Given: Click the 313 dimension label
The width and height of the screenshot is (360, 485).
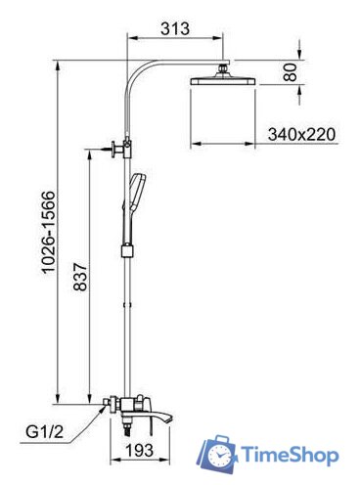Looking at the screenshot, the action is (x=175, y=28).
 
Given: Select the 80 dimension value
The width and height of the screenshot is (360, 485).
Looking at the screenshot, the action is (x=290, y=72).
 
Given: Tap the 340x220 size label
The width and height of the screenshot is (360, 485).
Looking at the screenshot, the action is (x=301, y=134).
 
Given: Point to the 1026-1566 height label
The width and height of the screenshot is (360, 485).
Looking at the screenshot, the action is (x=50, y=232).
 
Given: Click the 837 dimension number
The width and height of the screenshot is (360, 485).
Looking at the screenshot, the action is (x=80, y=277).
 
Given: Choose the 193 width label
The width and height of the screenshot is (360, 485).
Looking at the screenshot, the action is (x=139, y=450).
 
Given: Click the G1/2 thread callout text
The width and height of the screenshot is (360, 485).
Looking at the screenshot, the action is (x=45, y=432).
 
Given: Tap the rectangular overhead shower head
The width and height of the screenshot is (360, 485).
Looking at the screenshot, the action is (x=222, y=80).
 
